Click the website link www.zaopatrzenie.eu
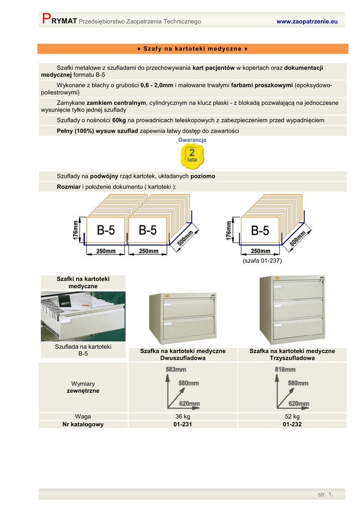point(307,22)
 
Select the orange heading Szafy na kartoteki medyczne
point(192,49)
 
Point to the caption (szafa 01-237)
point(262,260)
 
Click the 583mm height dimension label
point(176,370)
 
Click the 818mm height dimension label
point(285,370)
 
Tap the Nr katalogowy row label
point(83,425)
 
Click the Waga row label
point(83,417)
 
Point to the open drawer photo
point(83,316)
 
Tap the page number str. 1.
point(325,494)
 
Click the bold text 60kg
point(119,121)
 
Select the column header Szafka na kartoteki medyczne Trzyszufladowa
point(292,354)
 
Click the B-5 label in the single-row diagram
point(260,231)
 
